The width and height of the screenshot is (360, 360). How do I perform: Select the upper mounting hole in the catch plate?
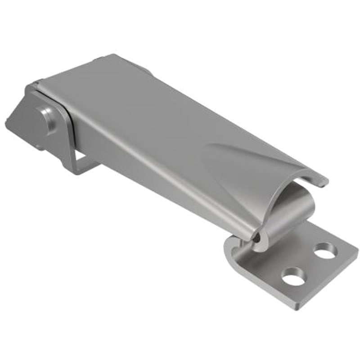coord(324,250)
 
